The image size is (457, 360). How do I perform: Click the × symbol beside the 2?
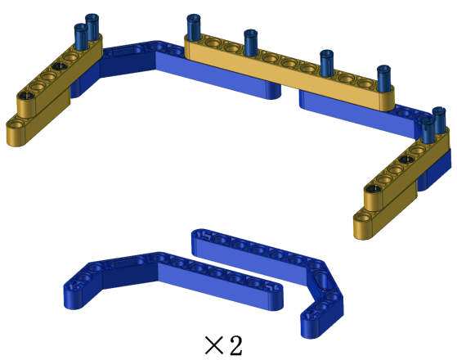[215, 345]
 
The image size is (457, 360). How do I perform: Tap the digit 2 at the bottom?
[235, 344]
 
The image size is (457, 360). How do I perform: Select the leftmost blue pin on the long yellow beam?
[194, 28]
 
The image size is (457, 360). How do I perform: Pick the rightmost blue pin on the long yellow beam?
[383, 79]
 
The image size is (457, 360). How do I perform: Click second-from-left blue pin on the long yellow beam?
[251, 43]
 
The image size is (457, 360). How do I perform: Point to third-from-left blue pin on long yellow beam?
[326, 63]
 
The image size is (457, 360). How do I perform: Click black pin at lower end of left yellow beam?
[26, 95]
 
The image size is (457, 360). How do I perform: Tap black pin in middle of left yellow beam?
[60, 66]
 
